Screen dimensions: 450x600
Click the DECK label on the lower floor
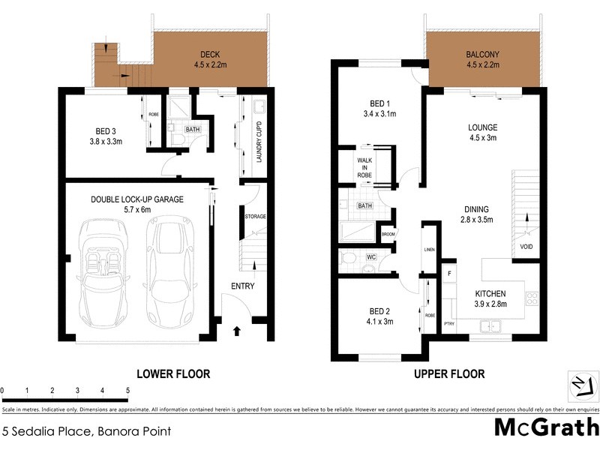209,53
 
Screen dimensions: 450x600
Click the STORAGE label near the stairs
255,217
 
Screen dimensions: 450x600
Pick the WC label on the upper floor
370,257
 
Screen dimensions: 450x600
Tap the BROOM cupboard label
388,234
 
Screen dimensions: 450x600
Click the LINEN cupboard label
429,249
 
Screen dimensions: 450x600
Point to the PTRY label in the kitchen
448,323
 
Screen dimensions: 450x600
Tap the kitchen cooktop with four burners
532,297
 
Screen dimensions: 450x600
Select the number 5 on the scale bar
127,391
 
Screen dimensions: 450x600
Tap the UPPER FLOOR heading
448,373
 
